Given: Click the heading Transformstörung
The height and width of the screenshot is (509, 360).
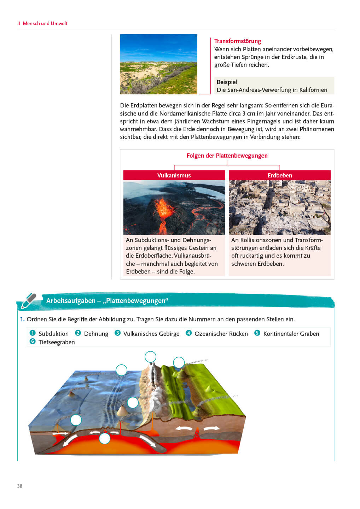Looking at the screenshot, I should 237,41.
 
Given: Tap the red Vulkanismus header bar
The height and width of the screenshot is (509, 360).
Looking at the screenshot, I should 174,175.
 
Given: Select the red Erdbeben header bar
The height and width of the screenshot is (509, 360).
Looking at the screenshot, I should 279,175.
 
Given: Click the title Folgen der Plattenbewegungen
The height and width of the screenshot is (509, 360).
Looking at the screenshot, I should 227,156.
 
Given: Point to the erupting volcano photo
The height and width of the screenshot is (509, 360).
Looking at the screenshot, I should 174,207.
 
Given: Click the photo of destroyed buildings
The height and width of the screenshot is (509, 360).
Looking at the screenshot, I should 279,207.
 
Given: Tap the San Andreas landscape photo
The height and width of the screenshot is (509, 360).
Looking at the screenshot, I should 158,64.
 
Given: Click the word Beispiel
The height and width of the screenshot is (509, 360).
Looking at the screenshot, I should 227,82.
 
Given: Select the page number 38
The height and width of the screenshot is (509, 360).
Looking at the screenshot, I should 20,486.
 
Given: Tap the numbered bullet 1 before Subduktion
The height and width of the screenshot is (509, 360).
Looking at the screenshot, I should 33,333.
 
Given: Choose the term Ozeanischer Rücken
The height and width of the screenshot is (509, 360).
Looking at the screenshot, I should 221,334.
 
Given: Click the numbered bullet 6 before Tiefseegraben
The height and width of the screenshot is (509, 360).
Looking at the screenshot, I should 33,341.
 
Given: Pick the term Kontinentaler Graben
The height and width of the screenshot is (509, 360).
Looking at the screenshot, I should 291,334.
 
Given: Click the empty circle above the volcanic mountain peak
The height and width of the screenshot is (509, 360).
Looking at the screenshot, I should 150,357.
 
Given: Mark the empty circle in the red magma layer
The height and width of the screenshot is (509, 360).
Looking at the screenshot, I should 105,439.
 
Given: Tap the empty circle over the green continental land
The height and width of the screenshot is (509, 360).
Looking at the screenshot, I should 179,362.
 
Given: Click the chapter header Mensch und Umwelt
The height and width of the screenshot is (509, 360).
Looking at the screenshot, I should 45,23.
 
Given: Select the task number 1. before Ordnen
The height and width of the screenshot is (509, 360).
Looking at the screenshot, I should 22,319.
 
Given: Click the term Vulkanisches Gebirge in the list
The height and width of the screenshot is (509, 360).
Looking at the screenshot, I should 151,334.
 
